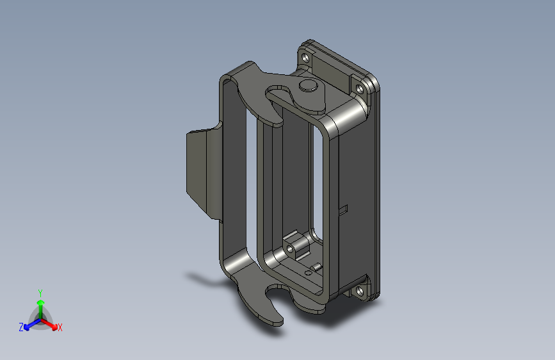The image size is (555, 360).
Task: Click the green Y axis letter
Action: point(40,293)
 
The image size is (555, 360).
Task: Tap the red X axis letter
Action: point(60,327)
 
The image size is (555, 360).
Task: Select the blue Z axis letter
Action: point(21,327)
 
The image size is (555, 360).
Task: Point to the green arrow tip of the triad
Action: point(41,302)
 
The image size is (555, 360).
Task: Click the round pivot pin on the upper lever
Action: point(307,85)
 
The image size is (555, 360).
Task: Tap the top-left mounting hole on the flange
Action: point(305,58)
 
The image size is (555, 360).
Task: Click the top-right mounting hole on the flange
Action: point(360,89)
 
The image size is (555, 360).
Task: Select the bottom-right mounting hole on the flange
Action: point(360,291)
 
